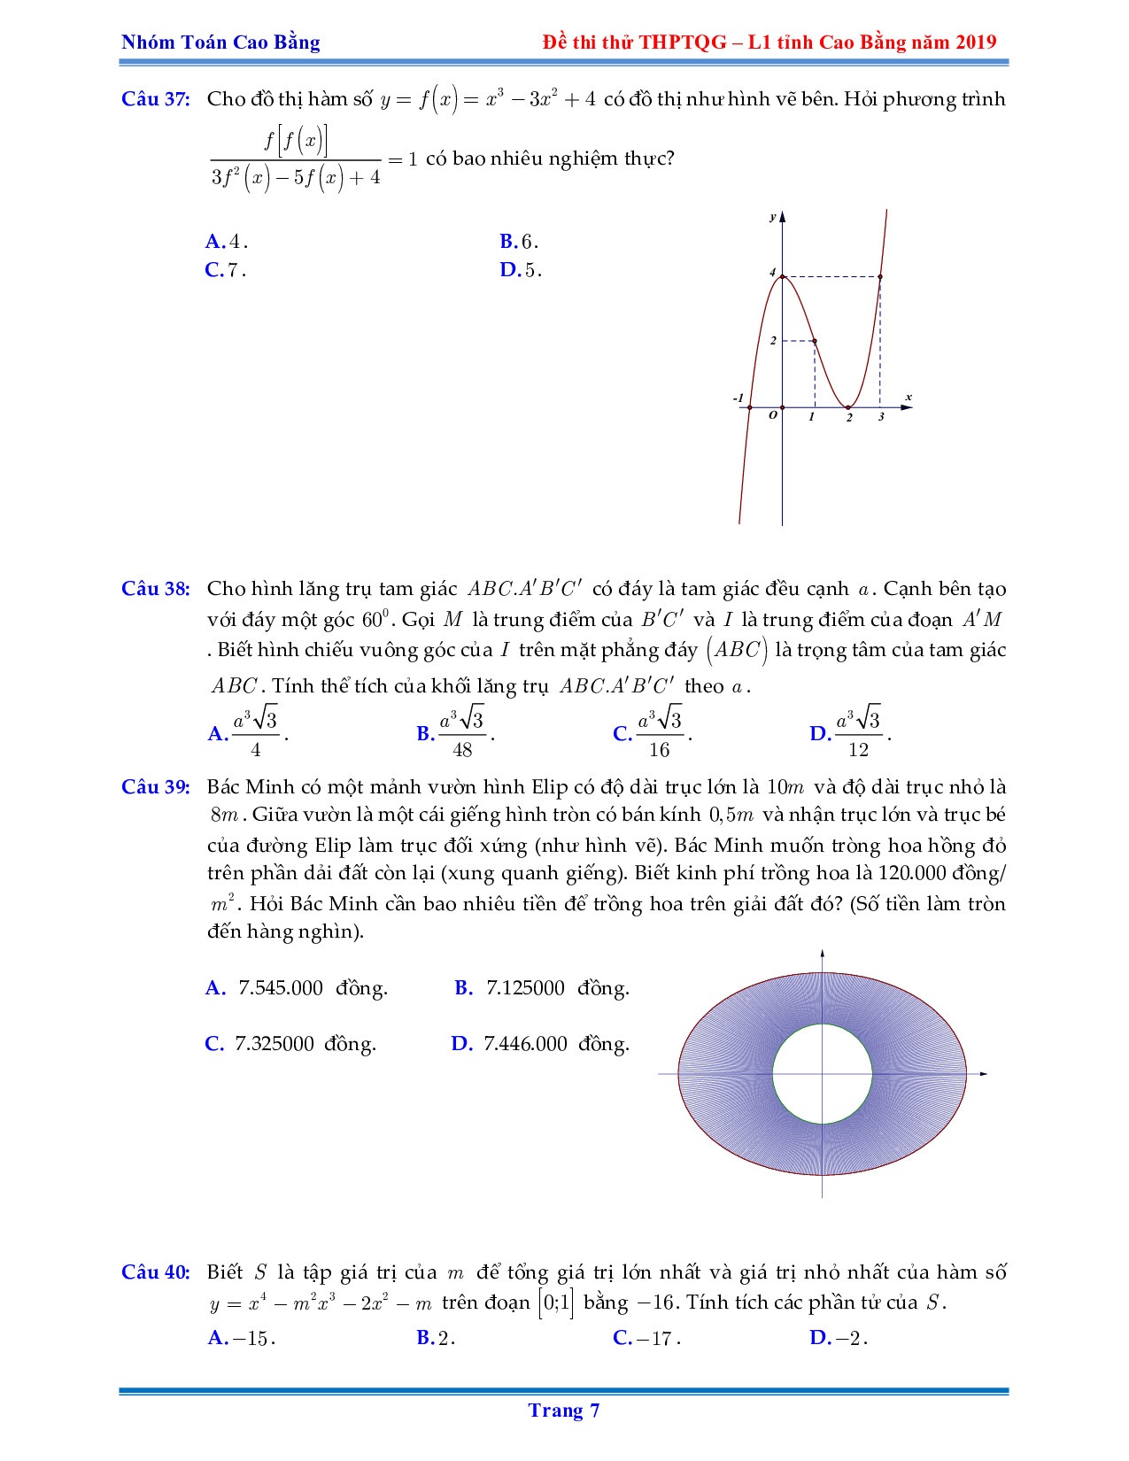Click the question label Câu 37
click(x=156, y=99)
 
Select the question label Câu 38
click(x=156, y=590)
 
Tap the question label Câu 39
click(x=156, y=787)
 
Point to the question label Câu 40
click(x=156, y=1272)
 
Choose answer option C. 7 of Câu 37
click(x=225, y=271)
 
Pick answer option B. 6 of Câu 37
click(x=519, y=242)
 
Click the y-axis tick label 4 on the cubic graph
click(x=772, y=274)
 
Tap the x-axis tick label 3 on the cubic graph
click(x=881, y=417)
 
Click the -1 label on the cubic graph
click(x=738, y=398)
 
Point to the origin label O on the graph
click(x=773, y=414)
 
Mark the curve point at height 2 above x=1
click(x=815, y=341)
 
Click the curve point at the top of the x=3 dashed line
click(x=880, y=277)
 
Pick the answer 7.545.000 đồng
click(x=297, y=988)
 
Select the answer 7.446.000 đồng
click(x=540, y=1044)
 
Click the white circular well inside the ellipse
click(x=822, y=1074)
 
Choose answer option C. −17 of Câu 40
click(x=646, y=1338)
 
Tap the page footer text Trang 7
click(x=564, y=1411)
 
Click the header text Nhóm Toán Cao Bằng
click(x=220, y=43)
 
